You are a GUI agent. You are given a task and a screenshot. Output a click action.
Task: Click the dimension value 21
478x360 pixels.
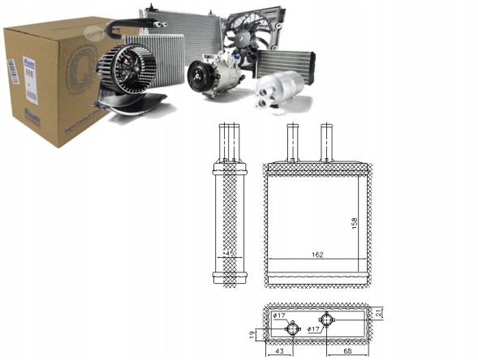[378, 314]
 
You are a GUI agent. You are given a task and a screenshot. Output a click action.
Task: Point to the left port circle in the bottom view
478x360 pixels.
[293, 328]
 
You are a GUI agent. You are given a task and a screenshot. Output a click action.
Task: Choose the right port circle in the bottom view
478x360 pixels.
[327, 318]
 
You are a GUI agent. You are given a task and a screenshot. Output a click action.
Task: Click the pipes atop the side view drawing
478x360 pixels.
[230, 142]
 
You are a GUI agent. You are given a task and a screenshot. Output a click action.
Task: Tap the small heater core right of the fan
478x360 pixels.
[285, 61]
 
